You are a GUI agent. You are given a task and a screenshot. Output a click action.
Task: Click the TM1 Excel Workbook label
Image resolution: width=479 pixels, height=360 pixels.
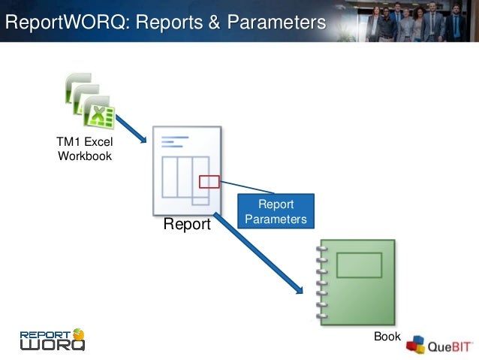pos(84,149)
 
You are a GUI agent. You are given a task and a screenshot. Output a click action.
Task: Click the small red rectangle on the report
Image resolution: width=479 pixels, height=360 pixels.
pos(209,181)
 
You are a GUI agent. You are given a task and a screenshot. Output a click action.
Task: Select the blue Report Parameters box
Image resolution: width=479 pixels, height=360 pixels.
pos(276,211)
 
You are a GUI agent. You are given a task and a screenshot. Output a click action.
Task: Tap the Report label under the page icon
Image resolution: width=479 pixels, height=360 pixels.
pos(187,224)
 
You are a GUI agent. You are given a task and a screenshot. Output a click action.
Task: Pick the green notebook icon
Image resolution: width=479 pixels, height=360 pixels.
pos(357,282)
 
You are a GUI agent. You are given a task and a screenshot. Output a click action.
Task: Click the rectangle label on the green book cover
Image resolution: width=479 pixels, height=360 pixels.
pos(359,265)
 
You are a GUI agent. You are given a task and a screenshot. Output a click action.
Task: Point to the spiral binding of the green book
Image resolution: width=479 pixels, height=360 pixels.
pos(323,282)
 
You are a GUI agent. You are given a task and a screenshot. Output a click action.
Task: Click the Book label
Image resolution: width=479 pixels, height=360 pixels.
pos(387,337)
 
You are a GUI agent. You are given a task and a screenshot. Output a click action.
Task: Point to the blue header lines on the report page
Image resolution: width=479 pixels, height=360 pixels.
pos(173,141)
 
